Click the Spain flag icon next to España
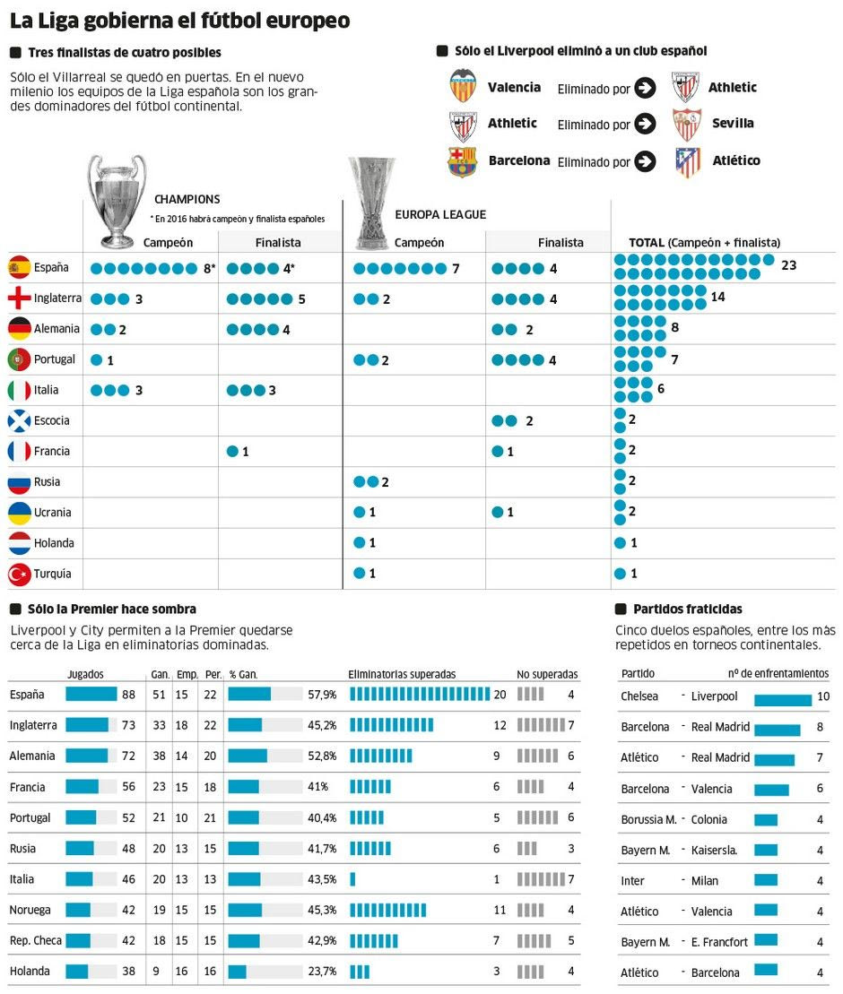pyautogui.click(x=19, y=267)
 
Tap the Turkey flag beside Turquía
pyautogui.click(x=19, y=574)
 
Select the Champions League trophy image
pyautogui.click(x=117, y=201)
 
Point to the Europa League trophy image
pyautogui.click(x=371, y=203)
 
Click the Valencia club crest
pyautogui.click(x=463, y=86)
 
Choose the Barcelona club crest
pyautogui.click(x=463, y=161)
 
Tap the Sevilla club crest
pyautogui.click(x=687, y=124)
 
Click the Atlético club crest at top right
pyautogui.click(x=688, y=161)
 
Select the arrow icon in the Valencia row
pyautogui.click(x=645, y=88)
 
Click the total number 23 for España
pyautogui.click(x=788, y=265)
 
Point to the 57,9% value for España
pyautogui.click(x=322, y=695)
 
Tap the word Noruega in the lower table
pyautogui.click(x=30, y=910)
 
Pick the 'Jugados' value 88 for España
pyautogui.click(x=128, y=695)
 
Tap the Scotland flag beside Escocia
pyautogui.click(x=19, y=420)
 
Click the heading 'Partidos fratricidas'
pyautogui.click(x=687, y=609)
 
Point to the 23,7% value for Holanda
pyautogui.click(x=322, y=972)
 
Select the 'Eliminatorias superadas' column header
pyautogui.click(x=402, y=674)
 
